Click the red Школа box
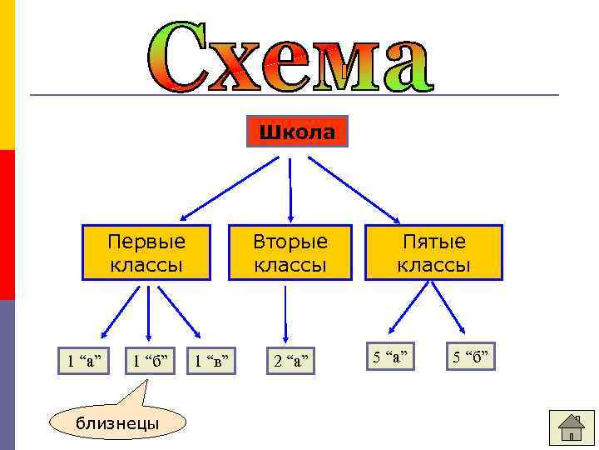point(297,132)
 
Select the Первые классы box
point(146,252)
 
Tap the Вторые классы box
point(290,252)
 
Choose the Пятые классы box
point(433,252)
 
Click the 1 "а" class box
point(85,360)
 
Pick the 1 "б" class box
point(150,360)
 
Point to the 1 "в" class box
point(211,360)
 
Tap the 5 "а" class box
point(390,357)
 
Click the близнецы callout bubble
point(117,422)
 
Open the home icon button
point(572,428)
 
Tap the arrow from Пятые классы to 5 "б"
point(449,310)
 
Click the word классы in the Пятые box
point(433,265)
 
